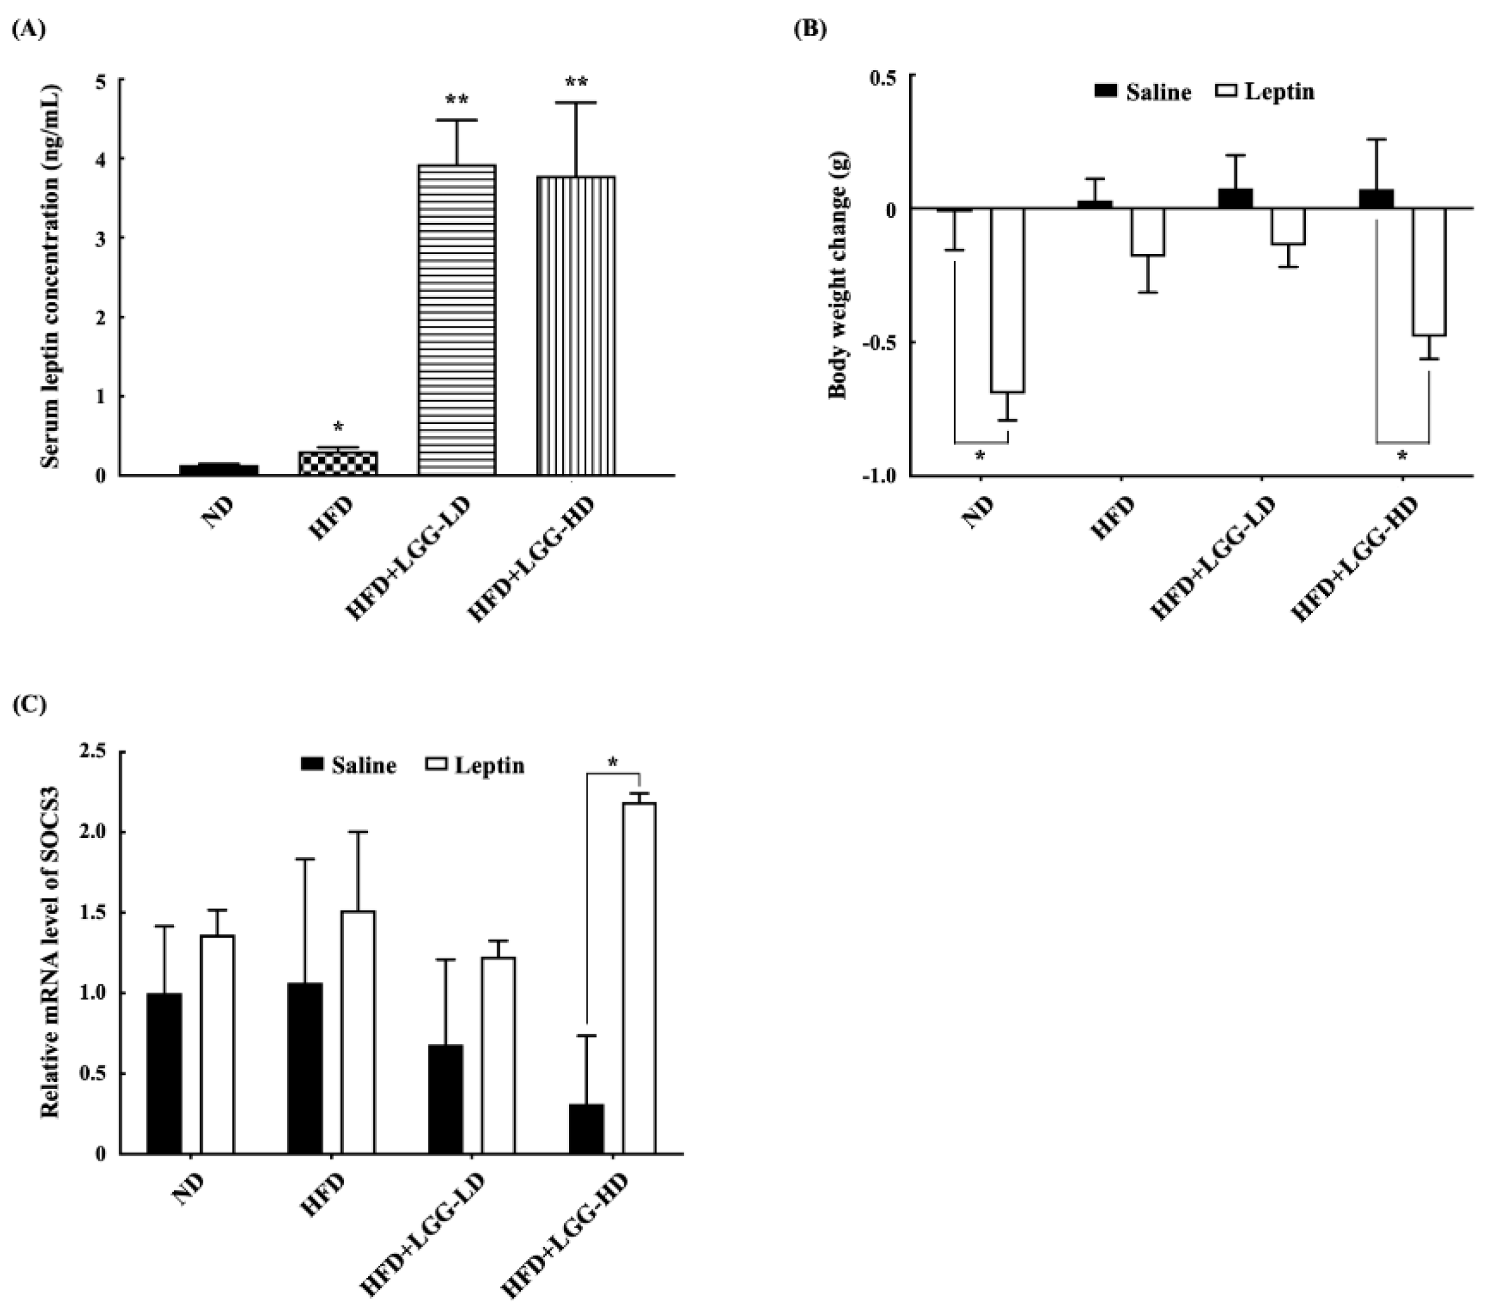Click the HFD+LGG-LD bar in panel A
tap(457, 320)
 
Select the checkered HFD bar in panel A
tap(338, 463)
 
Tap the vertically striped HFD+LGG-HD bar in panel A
tap(575, 326)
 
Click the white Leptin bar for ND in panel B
tap(1007, 300)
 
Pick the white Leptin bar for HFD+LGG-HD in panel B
tap(1429, 272)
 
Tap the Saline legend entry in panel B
tap(1142, 91)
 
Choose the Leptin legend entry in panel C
tap(474, 766)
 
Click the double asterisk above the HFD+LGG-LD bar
tap(457, 99)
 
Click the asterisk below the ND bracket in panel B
tap(980, 456)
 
